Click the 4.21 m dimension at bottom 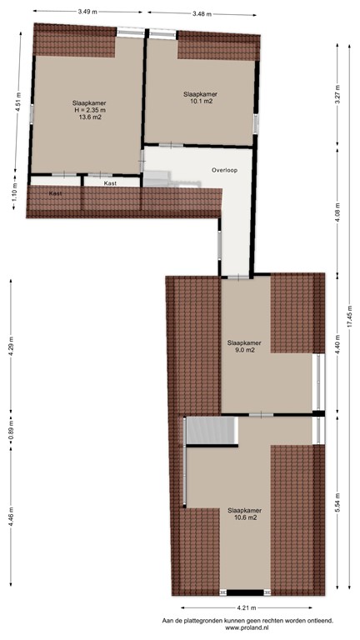(244, 607)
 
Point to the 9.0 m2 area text (244, 351)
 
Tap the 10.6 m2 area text (244, 517)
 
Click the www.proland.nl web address (247, 627)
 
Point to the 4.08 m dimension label (337, 217)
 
